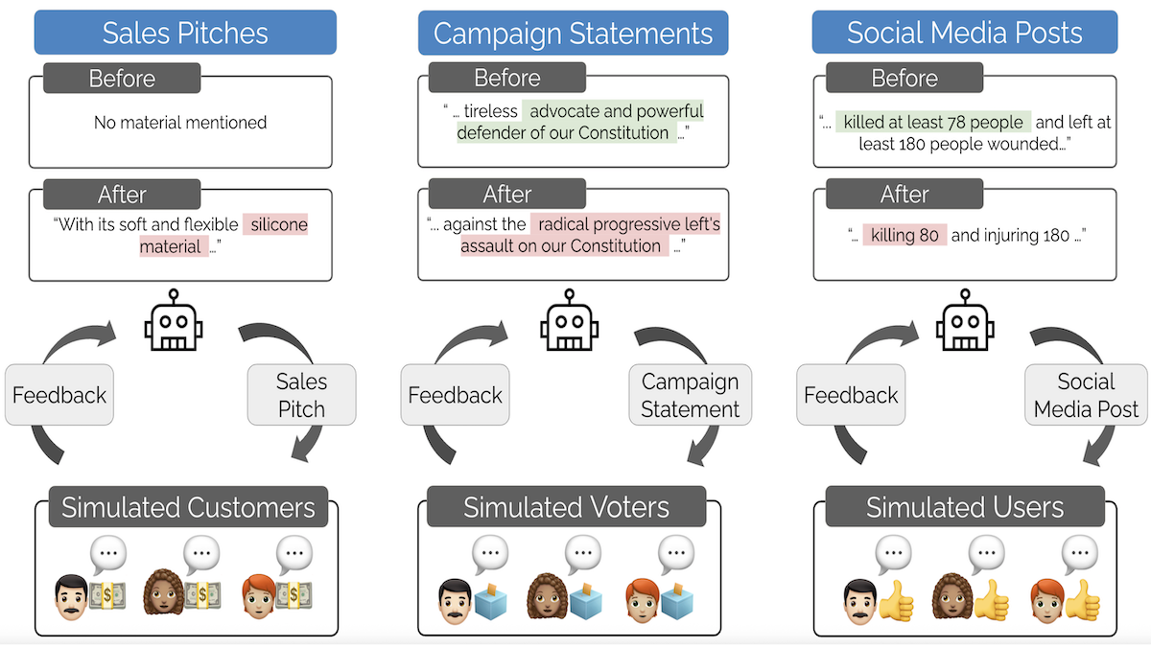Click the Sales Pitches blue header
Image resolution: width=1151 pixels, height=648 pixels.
185,33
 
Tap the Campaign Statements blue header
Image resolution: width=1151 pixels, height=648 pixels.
573,34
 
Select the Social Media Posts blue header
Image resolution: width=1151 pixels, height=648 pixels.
964,33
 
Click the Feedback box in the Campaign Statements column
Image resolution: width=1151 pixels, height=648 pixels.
455,395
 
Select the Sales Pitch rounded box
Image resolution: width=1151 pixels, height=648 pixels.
301,395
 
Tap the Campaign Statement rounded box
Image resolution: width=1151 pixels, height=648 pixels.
690,395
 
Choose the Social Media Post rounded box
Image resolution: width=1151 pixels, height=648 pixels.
1085,395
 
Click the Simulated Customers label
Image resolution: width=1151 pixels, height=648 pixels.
188,507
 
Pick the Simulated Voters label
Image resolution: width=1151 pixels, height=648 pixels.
566,507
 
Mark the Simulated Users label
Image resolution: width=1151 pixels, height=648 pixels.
964,507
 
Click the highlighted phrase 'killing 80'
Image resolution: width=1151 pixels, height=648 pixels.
904,235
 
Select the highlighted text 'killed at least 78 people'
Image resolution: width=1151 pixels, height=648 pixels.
932,123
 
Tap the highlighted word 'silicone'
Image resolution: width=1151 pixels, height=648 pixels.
278,224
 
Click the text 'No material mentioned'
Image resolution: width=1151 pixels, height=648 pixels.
180,123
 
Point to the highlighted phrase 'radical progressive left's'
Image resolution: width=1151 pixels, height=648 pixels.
628,224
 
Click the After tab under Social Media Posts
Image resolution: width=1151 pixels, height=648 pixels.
904,195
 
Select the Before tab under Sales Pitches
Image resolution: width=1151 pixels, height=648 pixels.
122,79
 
